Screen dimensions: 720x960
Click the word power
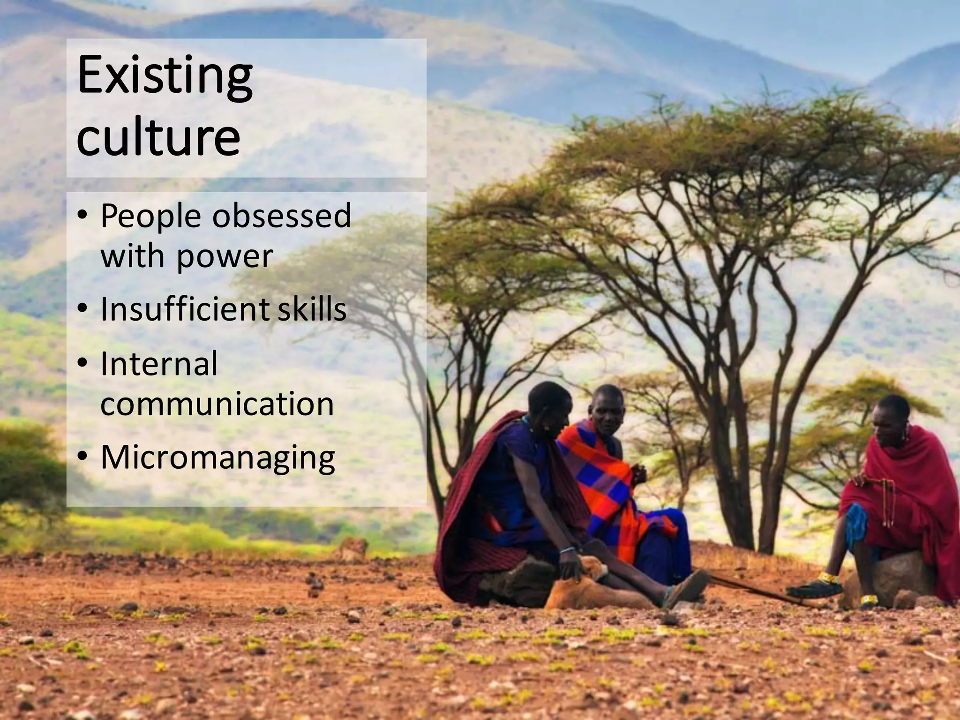pos(224,257)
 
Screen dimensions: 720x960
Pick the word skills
pos(312,309)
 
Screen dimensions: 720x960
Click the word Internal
pos(159,364)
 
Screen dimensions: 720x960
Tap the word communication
pos(217,404)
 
